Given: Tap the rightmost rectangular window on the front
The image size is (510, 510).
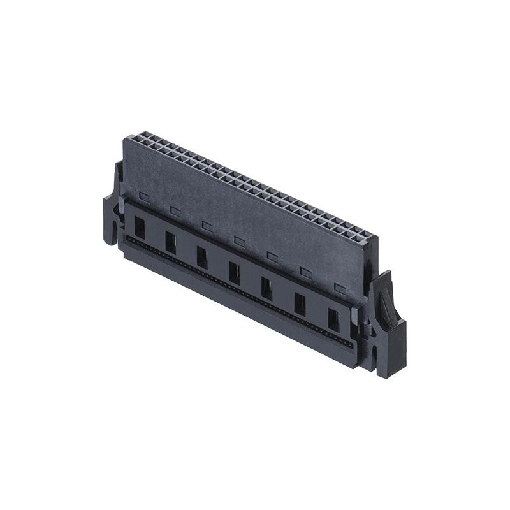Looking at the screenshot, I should (x=333, y=319).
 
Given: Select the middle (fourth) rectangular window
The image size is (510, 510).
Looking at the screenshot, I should (x=235, y=273).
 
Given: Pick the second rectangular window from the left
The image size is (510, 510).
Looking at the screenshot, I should (x=171, y=242).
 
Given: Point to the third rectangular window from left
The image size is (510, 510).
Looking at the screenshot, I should (x=202, y=258).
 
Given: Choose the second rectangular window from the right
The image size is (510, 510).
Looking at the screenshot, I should (x=300, y=304).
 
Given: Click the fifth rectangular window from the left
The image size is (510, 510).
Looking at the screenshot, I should (x=266, y=288).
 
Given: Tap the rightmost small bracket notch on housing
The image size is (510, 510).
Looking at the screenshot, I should (x=340, y=289).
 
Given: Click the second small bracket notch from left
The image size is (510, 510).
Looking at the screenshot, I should (x=175, y=210).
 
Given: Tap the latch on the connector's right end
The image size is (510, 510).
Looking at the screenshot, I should (x=387, y=325).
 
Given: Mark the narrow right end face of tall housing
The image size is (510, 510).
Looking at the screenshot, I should (x=371, y=268).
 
